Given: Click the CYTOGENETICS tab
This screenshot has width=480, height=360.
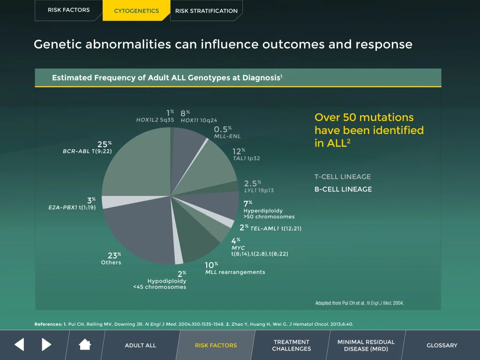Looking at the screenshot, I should tap(136, 11).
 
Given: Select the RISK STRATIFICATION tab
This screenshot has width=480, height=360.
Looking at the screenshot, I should tap(206, 11).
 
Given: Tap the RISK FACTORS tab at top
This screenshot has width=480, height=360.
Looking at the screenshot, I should tap(68, 10).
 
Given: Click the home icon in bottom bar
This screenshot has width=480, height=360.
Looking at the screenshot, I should tap(85, 345).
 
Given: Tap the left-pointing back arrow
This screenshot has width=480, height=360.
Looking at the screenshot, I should tap(19, 345).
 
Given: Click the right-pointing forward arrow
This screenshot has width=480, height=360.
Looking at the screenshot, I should tap(46, 345).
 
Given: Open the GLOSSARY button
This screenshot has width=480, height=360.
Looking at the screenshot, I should tap(442, 345).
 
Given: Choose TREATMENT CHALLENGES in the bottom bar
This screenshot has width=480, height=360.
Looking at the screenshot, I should tap(291, 345).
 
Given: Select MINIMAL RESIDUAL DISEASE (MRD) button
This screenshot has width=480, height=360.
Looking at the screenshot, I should tap(366, 345).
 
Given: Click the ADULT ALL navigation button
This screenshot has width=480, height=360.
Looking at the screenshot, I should tap(140, 345).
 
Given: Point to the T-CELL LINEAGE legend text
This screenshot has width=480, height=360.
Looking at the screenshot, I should tap(342, 177).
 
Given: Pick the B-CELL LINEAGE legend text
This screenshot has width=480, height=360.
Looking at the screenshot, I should tap(343, 189).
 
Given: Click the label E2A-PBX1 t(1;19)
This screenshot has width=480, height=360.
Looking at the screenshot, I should tap(72, 207).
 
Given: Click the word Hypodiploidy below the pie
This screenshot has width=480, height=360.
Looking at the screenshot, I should tap(166, 281).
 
